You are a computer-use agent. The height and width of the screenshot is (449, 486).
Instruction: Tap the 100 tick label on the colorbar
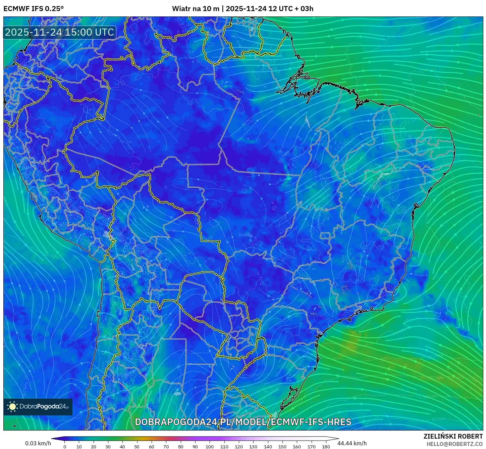(x=210, y=447)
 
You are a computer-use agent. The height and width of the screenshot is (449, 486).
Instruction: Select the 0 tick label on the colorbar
(x=65, y=447)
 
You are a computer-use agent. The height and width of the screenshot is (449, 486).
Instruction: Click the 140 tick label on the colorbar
(x=268, y=447)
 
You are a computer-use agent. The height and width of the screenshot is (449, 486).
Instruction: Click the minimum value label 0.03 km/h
(x=38, y=443)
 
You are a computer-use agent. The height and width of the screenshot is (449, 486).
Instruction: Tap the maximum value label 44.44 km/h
(x=352, y=443)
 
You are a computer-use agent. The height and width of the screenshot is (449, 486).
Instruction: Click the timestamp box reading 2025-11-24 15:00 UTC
(x=59, y=32)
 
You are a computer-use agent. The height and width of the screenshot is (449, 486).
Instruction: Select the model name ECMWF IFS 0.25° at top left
(x=33, y=9)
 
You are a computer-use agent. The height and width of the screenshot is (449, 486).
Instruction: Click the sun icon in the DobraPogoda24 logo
(x=12, y=407)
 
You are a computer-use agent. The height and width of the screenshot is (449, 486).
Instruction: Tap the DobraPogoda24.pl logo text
(x=44, y=407)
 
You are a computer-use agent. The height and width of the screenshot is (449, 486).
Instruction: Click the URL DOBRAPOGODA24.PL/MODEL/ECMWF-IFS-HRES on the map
(x=243, y=422)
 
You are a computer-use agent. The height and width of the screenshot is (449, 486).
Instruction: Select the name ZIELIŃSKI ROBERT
(x=453, y=436)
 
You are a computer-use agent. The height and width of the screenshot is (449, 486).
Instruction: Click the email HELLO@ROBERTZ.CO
(x=454, y=444)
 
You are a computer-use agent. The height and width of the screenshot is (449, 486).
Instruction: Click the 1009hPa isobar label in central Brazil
(x=246, y=235)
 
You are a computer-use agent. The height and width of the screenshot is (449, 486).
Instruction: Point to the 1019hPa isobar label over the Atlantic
(x=436, y=377)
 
